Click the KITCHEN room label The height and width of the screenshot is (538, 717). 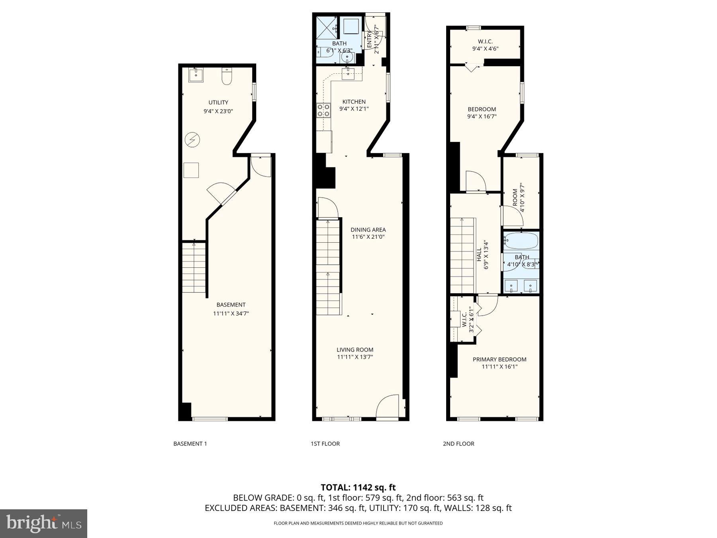(x=354, y=102)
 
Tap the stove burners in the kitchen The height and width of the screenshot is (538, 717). (x=323, y=110)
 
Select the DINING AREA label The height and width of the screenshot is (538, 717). (x=368, y=230)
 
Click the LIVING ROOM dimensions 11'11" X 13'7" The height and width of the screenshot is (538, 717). (x=355, y=357)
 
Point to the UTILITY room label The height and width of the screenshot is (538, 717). (x=218, y=102)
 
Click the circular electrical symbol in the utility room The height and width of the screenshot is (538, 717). (x=192, y=140)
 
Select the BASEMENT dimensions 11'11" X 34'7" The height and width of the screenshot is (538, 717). (x=231, y=314)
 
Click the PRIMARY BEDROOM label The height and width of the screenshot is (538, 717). (x=499, y=359)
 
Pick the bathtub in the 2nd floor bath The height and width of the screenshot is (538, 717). (x=521, y=241)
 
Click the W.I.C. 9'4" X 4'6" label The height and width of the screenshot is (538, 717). (x=485, y=49)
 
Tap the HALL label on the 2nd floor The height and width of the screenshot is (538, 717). (x=479, y=255)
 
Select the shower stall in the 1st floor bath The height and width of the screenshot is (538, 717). (x=326, y=27)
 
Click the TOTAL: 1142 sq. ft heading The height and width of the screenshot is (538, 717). (x=358, y=487)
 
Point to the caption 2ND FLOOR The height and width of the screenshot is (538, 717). (x=458, y=444)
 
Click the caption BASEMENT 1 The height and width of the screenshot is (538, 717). (x=190, y=444)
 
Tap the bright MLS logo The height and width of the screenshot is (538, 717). (x=43, y=523)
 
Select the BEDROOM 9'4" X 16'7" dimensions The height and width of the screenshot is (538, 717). (x=482, y=117)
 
